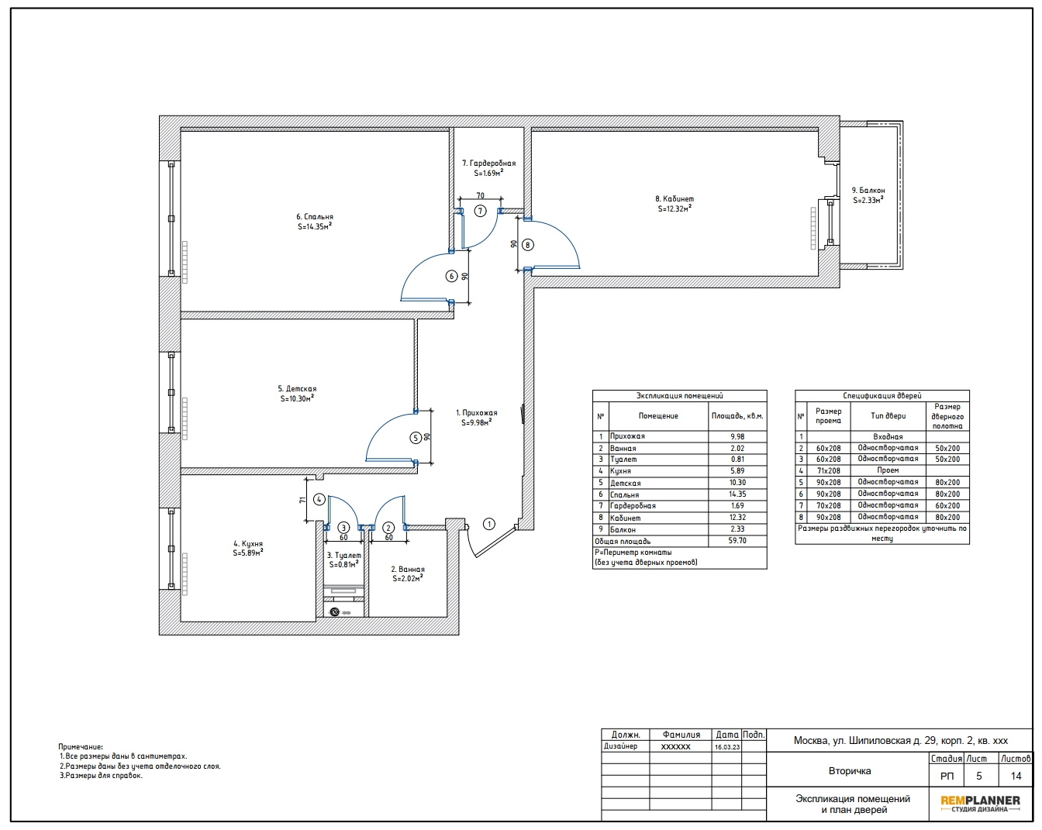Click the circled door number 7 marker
click(x=480, y=211)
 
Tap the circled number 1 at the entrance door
click(x=489, y=524)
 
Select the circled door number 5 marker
click(x=416, y=438)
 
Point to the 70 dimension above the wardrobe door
click(x=481, y=195)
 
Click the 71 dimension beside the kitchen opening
click(x=302, y=500)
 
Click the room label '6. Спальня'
click(x=315, y=216)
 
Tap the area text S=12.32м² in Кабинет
click(x=675, y=208)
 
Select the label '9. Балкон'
click(x=868, y=190)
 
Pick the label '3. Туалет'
click(x=343, y=555)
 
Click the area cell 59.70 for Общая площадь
click(x=737, y=541)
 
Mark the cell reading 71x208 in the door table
click(x=828, y=470)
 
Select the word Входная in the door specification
click(x=888, y=436)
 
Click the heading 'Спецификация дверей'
click(x=882, y=396)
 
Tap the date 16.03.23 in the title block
click(x=726, y=747)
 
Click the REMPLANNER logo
click(x=980, y=804)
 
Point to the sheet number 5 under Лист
click(x=978, y=777)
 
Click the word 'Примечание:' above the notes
click(x=81, y=747)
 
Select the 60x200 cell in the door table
click(x=947, y=505)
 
